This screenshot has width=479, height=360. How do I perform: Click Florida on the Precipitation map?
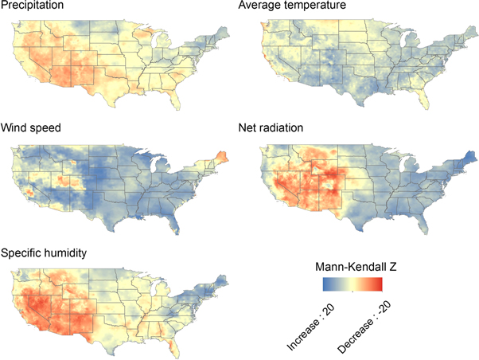coord(185,97)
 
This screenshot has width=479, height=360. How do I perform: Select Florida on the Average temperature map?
coord(426,97)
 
